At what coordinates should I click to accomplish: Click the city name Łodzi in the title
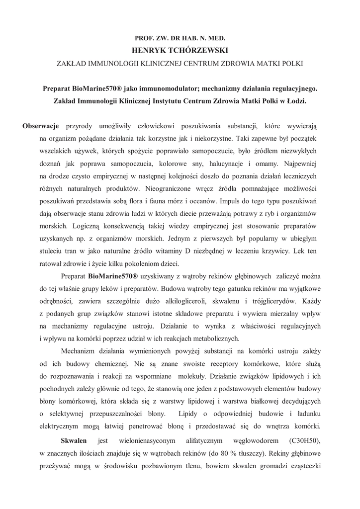[x=295, y=101]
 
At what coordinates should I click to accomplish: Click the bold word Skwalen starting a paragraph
[x=74, y=441]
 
